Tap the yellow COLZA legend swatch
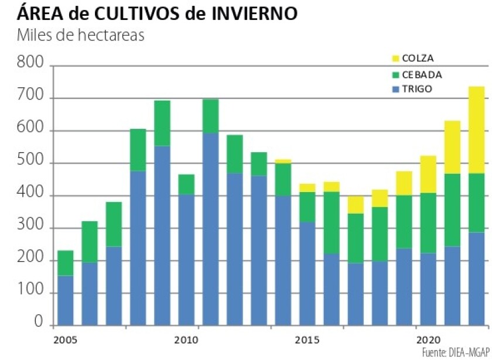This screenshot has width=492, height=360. (x=394, y=59)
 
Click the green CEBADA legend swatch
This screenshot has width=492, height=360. (x=394, y=74)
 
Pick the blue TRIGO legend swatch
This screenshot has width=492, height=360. (x=394, y=90)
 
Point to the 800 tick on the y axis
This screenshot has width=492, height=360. (x=31, y=61)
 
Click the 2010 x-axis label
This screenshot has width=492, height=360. (x=186, y=340)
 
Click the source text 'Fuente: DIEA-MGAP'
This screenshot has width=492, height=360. (x=455, y=351)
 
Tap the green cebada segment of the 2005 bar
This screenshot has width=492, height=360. (x=66, y=263)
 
